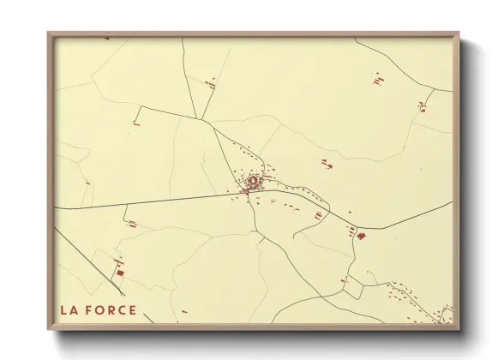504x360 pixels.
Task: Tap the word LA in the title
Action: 68,309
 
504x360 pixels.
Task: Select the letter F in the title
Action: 87,309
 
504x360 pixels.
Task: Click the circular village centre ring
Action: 254,181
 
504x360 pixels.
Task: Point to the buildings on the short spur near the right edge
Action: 423,106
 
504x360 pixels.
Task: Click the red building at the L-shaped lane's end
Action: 135,124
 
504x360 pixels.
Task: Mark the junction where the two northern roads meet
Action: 207,121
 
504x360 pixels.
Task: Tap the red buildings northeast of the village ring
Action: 326,163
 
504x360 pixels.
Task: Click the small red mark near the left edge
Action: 87,183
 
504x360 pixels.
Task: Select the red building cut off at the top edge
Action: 106,38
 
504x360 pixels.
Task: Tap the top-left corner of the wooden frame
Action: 50,33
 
